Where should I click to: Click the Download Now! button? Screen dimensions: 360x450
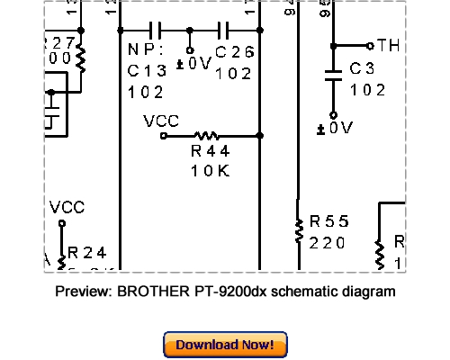[x=225, y=345]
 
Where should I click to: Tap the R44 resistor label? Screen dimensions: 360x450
[x=211, y=151]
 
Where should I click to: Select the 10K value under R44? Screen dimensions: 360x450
[x=211, y=170]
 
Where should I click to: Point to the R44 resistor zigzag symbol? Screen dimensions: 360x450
[x=209, y=135]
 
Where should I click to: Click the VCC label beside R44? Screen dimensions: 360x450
[x=161, y=121]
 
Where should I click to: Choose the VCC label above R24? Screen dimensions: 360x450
[x=67, y=207]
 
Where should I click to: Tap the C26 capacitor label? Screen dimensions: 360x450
[x=235, y=53]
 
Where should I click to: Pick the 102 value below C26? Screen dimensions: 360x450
[x=234, y=73]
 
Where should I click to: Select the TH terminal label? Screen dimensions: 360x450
[x=389, y=45]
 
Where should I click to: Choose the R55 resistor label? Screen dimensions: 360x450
[x=328, y=221]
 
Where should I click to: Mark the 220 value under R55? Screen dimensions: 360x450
[x=328, y=242]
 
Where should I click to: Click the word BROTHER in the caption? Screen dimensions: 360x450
[x=148, y=292]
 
